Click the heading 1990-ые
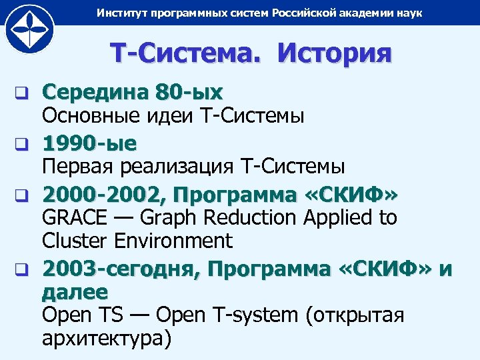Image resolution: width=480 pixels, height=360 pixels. coord(90,142)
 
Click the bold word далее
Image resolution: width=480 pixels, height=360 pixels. coord(75,291)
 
